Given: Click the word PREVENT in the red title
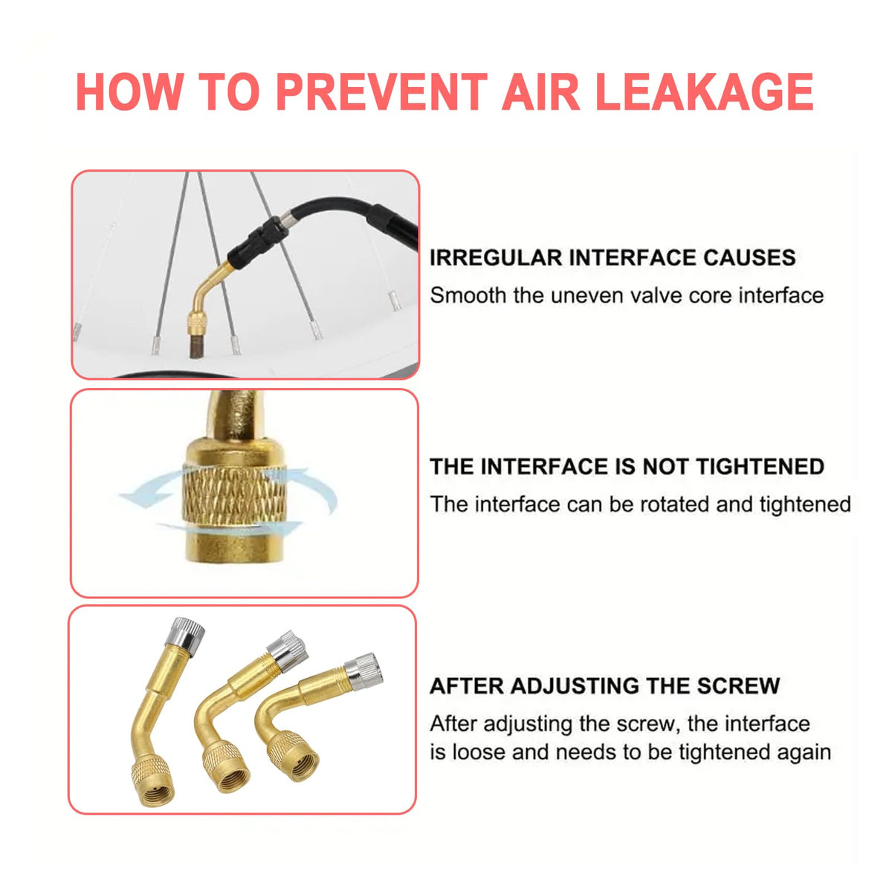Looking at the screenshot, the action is [x=381, y=91].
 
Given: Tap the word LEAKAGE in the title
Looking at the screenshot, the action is [x=705, y=91].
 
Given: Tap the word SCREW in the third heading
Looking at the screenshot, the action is [x=739, y=686].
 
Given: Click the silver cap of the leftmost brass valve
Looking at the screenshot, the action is [x=184, y=633].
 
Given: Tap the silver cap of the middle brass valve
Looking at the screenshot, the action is [x=288, y=650].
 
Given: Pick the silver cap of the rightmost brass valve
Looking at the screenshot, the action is [x=363, y=672].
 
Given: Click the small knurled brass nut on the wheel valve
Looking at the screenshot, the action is [x=196, y=324].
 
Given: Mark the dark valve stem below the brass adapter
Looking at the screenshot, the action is [x=196, y=346].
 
